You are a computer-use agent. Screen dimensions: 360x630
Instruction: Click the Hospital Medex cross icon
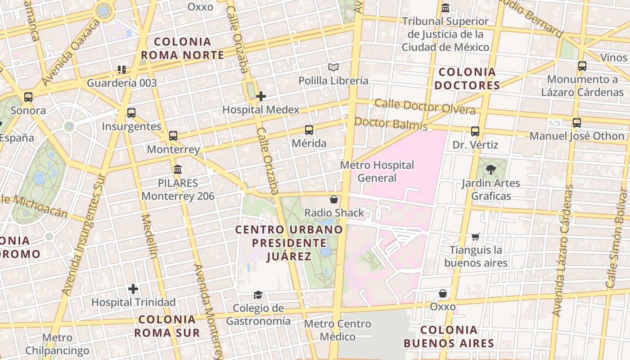point(261,96)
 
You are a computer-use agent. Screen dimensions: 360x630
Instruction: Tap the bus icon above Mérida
point(309,130)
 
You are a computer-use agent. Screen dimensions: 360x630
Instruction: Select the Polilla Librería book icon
point(333,67)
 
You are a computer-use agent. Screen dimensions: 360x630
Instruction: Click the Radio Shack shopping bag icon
point(334,199)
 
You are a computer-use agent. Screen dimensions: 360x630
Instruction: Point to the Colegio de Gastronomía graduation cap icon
point(258,295)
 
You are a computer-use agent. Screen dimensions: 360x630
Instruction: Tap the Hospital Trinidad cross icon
point(133,288)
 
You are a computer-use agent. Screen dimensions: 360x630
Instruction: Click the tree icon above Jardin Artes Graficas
point(490,170)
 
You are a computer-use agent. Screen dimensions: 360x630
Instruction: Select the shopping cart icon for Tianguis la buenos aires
point(476,237)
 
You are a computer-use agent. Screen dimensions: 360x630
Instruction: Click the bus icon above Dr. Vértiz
point(475,131)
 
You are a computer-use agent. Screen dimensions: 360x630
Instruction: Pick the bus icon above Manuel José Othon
point(577,122)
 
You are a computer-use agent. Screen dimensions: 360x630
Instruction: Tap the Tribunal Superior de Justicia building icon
point(445,8)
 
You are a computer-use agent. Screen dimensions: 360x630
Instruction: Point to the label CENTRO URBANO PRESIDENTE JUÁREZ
point(289,243)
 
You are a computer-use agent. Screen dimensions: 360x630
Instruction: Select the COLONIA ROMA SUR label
point(167,326)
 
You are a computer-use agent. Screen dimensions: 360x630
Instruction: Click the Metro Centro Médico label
point(337,330)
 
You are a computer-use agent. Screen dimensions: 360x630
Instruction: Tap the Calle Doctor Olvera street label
point(425,107)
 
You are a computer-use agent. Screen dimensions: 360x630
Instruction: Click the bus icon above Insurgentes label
point(131,113)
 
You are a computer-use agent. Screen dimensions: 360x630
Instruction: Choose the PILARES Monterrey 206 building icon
point(178,170)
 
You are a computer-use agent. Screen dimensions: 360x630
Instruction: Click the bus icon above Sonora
point(28,97)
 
